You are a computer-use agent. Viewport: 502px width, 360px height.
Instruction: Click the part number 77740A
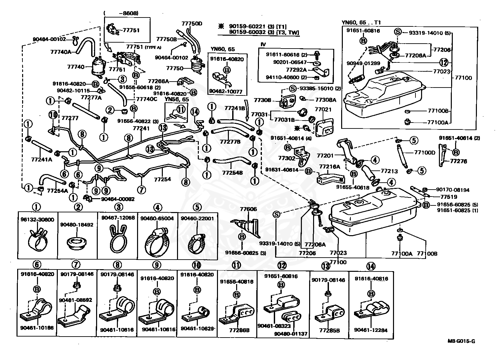pos(60,52)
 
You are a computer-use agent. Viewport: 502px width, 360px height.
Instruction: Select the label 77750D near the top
pos(192,24)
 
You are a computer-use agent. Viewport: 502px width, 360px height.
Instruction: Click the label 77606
pos(248,209)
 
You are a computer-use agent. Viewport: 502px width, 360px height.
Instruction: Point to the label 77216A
pos(329,166)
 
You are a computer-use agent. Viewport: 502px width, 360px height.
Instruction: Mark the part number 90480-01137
pos(291,334)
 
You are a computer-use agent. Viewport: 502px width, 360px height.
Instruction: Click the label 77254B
pos(232,173)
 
